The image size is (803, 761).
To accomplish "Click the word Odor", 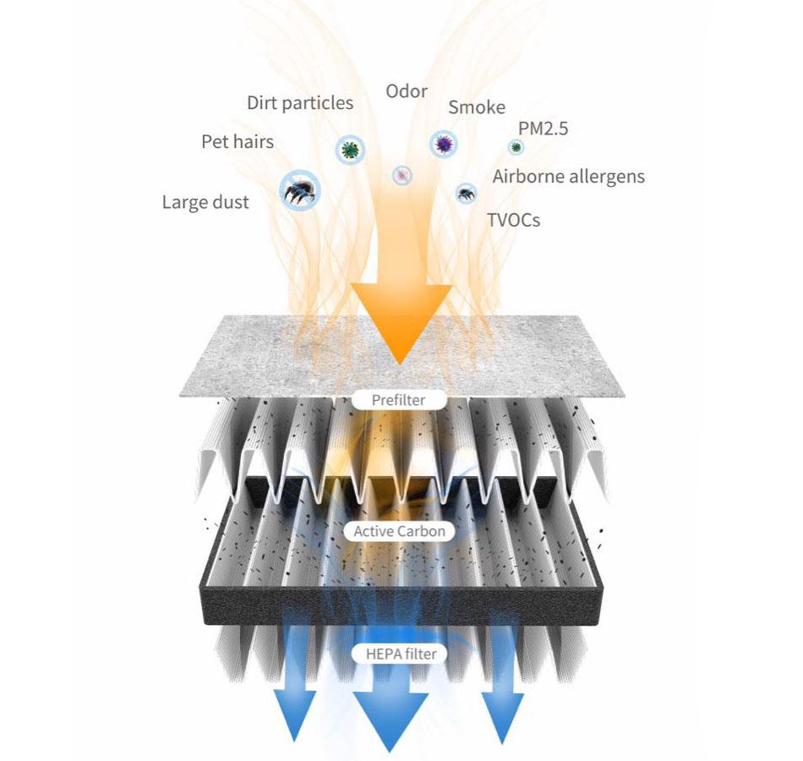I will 407,91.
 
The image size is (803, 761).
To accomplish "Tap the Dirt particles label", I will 300,103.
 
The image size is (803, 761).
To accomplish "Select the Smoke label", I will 477,107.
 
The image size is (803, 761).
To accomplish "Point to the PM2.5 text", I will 544,129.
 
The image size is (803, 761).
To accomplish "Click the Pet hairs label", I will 238,141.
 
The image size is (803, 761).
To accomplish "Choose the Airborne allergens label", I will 569,177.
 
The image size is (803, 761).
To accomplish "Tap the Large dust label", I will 205,202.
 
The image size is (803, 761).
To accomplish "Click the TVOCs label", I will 513,221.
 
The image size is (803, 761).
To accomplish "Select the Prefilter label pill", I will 399,399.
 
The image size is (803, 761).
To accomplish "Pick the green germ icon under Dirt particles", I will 349,150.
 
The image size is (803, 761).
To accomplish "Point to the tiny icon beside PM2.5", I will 516,147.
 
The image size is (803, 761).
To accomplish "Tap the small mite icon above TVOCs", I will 466,194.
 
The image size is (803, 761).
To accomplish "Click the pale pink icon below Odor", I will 403,175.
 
